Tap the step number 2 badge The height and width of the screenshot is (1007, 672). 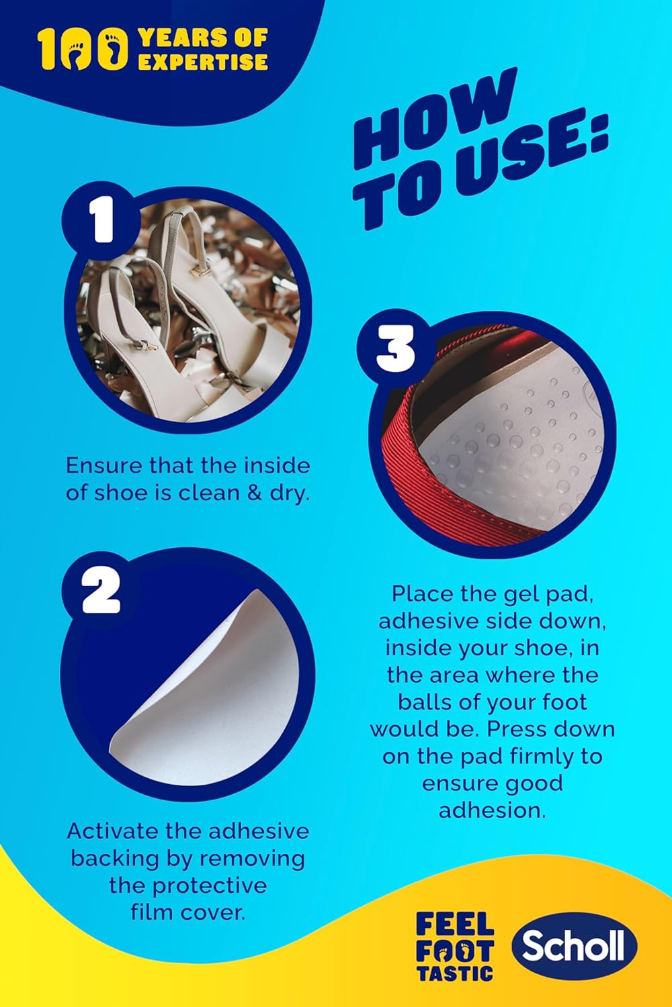click(101, 591)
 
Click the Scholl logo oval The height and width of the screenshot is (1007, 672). click(574, 946)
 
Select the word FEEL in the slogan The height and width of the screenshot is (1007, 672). click(455, 925)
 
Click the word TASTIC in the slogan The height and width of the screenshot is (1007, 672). click(455, 973)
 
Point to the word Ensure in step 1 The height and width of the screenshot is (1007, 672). click(104, 465)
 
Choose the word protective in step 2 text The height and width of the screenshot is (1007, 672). click(208, 885)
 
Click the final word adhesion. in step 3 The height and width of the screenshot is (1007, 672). click(492, 810)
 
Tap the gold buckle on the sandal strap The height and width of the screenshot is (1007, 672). click(198, 272)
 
